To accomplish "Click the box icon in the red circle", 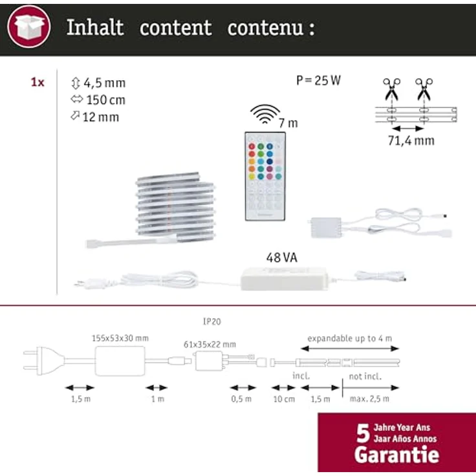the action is coord(28,27).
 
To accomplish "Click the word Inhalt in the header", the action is coord(95,28).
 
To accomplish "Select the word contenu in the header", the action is coord(265,28).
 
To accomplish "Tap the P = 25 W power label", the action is coord(318,80).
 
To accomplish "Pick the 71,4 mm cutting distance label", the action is coord(411,140).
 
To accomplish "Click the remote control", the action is coord(265,177).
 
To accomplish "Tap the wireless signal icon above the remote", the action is coord(265,114).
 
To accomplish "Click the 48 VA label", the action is coord(282,258).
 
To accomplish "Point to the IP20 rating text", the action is coord(212,321).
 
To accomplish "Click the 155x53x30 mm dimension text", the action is coord(120,338).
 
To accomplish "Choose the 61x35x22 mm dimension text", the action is coord(210,345).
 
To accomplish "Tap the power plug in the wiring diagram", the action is coord(44,361).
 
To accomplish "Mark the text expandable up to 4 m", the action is coord(349,338).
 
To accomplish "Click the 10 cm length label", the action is coord(284,399).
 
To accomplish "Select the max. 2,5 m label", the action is coord(369,399).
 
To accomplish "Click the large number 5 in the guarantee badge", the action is coord(363,433).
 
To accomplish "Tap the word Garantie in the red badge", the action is coord(396,455).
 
